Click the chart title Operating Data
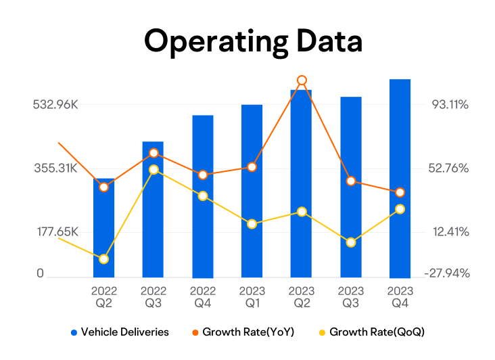click(253, 41)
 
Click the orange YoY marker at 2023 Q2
click(302, 81)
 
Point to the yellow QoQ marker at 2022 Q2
click(104, 259)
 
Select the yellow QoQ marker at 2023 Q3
click(351, 242)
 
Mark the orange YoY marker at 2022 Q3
click(154, 154)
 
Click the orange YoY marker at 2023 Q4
click(400, 193)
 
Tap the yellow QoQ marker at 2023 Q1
click(252, 224)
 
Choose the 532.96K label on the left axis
click(55, 105)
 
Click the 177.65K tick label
click(55, 232)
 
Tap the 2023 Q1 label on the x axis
click(252, 298)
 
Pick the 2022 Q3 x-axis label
click(154, 298)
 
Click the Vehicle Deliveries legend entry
click(120, 332)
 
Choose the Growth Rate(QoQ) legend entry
click(371, 332)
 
